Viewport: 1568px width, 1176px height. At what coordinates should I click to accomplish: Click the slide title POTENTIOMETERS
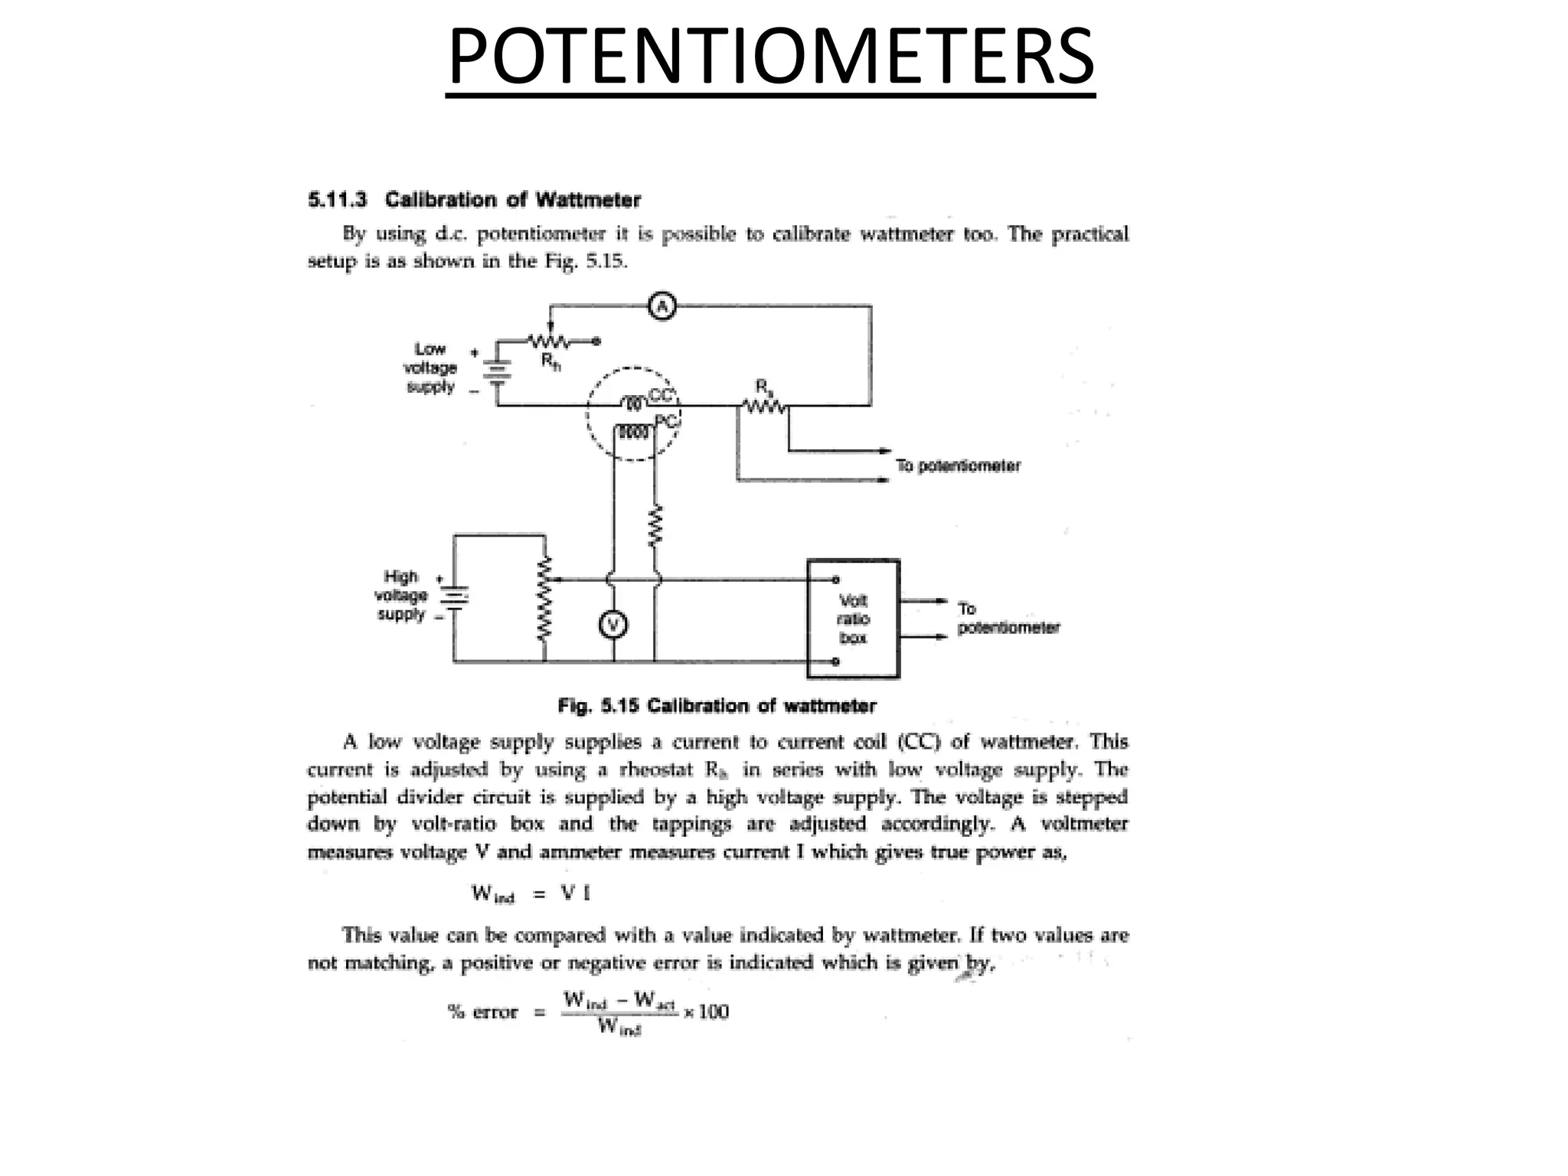[x=770, y=57]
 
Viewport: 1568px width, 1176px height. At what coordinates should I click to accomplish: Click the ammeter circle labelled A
[x=661, y=307]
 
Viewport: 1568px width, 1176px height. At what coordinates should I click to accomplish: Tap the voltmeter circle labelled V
[x=612, y=626]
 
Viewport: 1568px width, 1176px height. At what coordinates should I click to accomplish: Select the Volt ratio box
[x=853, y=619]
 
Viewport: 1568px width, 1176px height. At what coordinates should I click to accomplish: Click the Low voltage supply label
[x=430, y=367]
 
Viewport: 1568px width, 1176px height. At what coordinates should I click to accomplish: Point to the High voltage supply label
[x=401, y=595]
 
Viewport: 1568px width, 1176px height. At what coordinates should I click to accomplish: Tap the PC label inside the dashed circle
[x=666, y=421]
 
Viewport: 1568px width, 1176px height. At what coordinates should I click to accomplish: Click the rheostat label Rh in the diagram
[x=550, y=361]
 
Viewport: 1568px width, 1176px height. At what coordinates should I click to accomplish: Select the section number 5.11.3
[x=337, y=201]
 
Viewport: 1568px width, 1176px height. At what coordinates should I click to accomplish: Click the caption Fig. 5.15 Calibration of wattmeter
[x=717, y=706]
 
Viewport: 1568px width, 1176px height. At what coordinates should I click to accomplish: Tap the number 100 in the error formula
[x=713, y=1011]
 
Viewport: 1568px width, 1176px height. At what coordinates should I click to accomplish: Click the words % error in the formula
[x=482, y=1012]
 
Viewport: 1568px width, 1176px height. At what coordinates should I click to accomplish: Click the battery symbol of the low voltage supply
[x=497, y=371]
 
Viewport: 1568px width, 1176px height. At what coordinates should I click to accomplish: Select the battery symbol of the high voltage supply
[x=454, y=596]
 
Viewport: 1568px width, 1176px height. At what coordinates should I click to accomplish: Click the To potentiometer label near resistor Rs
[x=958, y=465]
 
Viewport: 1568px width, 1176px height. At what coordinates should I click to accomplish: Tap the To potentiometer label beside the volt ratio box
[x=1008, y=619]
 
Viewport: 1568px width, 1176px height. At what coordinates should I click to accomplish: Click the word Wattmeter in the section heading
[x=588, y=201]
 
